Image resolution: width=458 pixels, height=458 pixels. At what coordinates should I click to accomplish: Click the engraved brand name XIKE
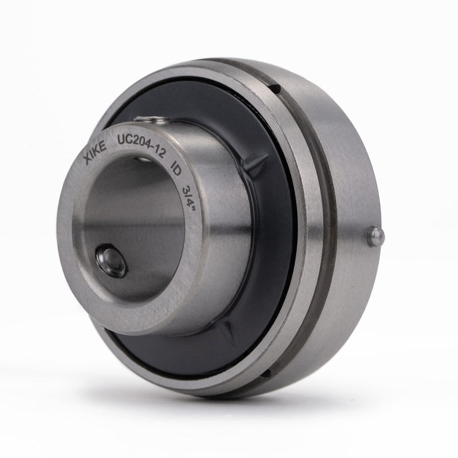coord(95,151)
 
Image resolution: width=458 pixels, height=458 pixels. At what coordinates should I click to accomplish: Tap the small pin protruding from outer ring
coord(376,237)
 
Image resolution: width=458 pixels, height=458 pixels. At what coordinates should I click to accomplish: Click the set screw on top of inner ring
coord(151,119)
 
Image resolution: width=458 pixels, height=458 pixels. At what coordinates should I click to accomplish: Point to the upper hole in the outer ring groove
coord(276,89)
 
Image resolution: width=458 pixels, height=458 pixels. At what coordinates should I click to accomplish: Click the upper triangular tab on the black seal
coord(255,165)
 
